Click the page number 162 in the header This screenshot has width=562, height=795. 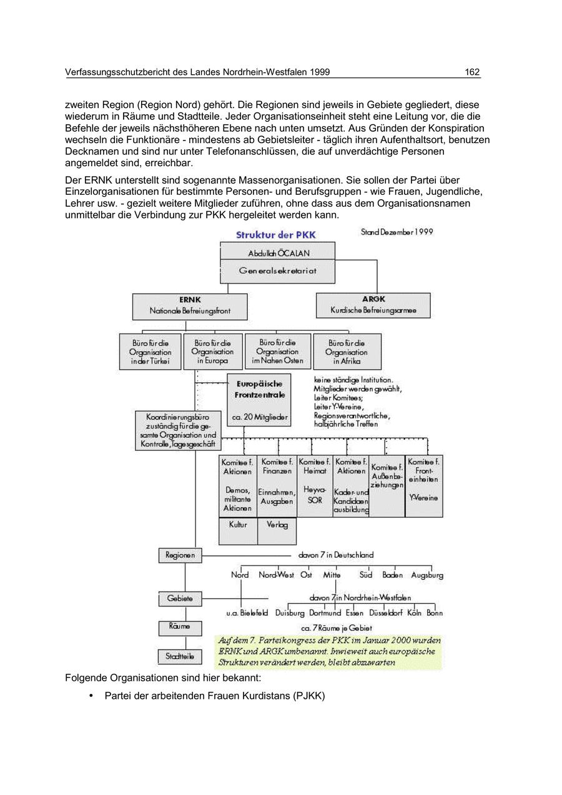pyautogui.click(x=472, y=72)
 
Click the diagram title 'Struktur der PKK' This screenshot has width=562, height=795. pyautogui.click(x=275, y=235)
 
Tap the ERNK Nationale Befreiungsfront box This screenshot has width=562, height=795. pyautogui.click(x=190, y=306)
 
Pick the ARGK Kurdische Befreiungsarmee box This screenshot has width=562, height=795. pyautogui.click(x=373, y=305)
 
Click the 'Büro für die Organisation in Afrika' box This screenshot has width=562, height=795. pyautogui.click(x=347, y=352)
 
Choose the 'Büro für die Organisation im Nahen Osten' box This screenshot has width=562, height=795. pyautogui.click(x=278, y=352)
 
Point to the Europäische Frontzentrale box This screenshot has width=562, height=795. pyautogui.click(x=259, y=400)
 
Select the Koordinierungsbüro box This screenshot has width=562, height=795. pyautogui.click(x=177, y=430)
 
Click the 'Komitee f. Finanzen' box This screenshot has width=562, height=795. pyautogui.click(x=277, y=485)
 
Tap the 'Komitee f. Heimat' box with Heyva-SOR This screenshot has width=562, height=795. pyautogui.click(x=315, y=485)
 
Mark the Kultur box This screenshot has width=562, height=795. pyautogui.click(x=238, y=531)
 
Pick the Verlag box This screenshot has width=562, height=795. pyautogui.click(x=277, y=531)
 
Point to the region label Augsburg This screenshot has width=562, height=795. pyautogui.click(x=427, y=575)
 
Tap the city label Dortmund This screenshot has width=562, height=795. pyautogui.click(x=325, y=613)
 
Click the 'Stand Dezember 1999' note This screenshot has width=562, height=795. pyautogui.click(x=397, y=232)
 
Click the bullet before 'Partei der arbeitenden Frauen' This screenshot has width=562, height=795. pyautogui.click(x=91, y=695)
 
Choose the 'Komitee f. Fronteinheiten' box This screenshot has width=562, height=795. pyautogui.click(x=424, y=485)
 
